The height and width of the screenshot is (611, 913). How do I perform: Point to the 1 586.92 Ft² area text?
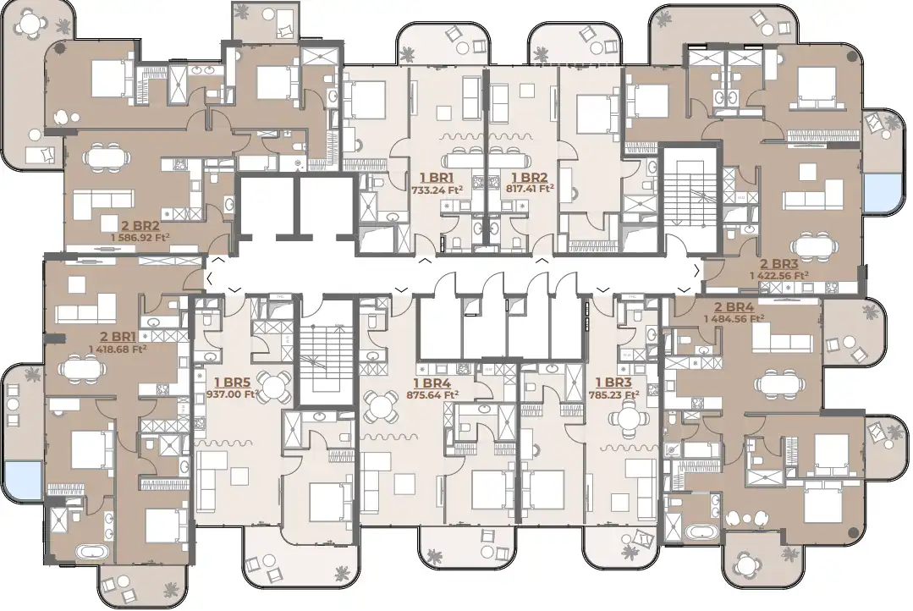click(140, 237)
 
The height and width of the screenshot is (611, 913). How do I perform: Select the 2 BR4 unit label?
click(734, 306)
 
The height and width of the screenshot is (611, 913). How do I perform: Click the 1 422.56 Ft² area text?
click(778, 275)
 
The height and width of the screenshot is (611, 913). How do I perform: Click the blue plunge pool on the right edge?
click(882, 196)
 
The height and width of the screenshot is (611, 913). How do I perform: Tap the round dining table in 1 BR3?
click(627, 416)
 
